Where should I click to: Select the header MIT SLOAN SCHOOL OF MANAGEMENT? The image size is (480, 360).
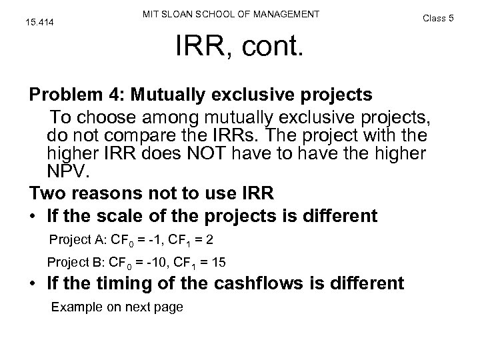pos(231,14)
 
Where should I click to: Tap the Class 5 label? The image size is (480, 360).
pos(439,18)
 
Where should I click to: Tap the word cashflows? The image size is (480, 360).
pos(275,283)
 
